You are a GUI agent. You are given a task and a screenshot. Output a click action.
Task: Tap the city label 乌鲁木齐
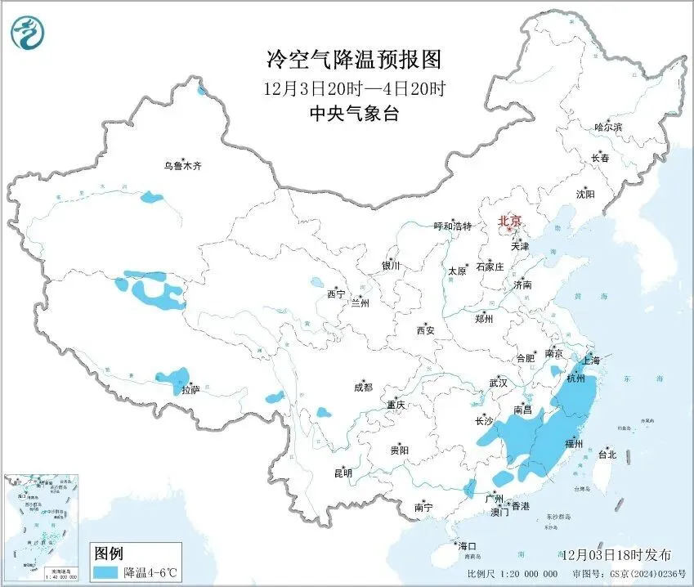point(181,166)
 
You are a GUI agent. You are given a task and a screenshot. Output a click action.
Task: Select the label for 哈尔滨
point(608,128)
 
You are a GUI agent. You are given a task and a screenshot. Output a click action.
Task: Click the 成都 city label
point(363,388)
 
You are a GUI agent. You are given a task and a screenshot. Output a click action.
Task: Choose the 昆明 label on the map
point(343,473)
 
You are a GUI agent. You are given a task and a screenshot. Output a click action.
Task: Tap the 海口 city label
point(468,545)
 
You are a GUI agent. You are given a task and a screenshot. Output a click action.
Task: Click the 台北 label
point(607,455)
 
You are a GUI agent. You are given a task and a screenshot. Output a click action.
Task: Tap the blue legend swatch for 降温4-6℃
point(105,571)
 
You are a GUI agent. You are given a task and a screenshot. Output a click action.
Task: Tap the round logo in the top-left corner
point(27,32)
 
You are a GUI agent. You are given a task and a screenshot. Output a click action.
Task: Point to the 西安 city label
point(425,330)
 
